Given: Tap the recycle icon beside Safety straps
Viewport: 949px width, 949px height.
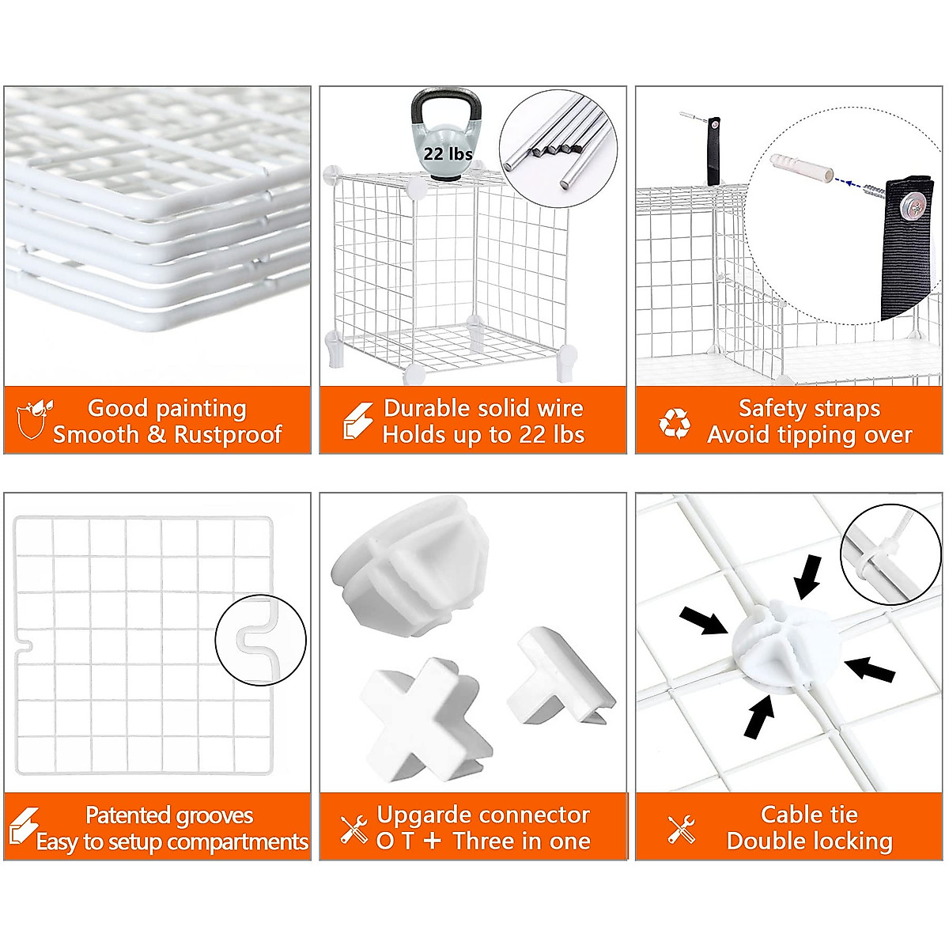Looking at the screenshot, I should [x=675, y=423].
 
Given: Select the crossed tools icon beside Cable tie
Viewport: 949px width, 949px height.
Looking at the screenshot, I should [x=681, y=829].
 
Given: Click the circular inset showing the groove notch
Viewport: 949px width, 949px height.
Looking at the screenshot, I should [x=261, y=640].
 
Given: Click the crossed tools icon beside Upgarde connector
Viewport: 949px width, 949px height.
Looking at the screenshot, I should [x=354, y=829].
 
